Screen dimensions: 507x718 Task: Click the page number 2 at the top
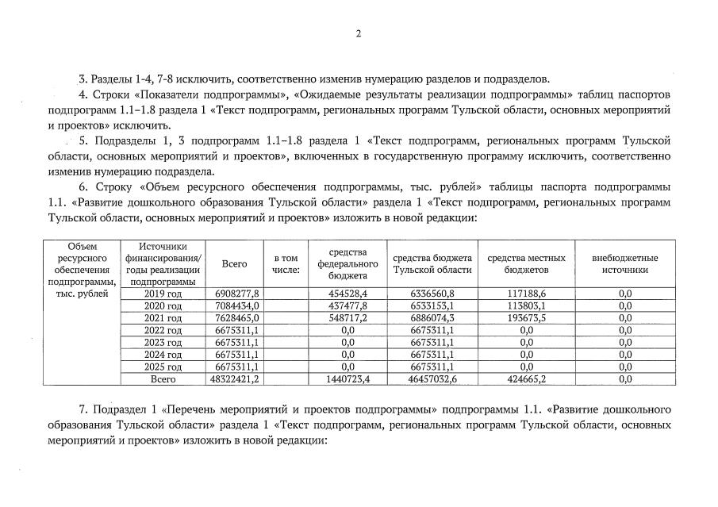tap(358, 33)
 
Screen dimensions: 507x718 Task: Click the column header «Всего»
tap(234, 263)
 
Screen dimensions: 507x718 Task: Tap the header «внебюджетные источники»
tap(624, 263)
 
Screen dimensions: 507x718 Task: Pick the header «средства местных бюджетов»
tap(526, 263)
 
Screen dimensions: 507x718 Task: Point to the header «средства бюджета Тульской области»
tap(432, 263)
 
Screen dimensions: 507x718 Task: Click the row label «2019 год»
tap(163, 294)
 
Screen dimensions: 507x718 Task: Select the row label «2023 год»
tap(163, 343)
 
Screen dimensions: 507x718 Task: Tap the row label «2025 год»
tap(163, 367)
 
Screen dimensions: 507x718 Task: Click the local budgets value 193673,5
tap(526, 318)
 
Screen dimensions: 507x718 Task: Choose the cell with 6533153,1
tap(432, 306)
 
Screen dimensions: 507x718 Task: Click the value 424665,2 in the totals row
tap(526, 380)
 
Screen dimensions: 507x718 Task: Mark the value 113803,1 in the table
tap(526, 306)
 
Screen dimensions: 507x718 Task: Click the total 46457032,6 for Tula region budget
tap(432, 380)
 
